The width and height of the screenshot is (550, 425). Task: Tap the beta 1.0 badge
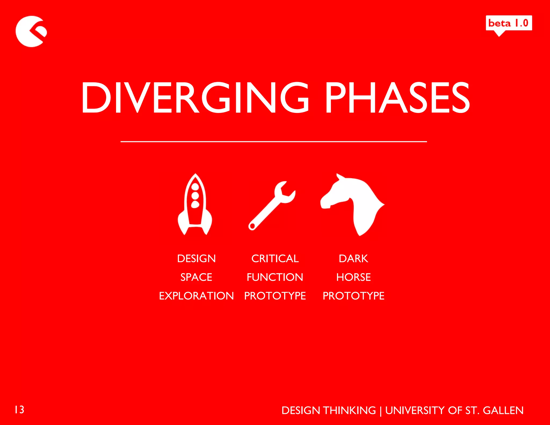[509, 23]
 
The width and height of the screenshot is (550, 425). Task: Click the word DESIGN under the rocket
[196, 258]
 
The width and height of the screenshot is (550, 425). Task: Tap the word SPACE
[196, 277]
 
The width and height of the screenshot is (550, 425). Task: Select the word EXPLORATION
[196, 296]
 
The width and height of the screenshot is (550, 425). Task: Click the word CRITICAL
[275, 258]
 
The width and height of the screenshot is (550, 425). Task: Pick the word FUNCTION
[275, 277]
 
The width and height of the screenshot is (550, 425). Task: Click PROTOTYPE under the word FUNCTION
[275, 296]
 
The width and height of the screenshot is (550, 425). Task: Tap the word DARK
[353, 258]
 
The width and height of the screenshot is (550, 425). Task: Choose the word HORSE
[353, 277]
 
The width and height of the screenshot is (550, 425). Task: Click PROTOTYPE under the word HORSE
[353, 296]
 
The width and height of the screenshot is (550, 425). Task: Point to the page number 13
[19, 410]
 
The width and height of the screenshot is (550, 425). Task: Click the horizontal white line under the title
[273, 141]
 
